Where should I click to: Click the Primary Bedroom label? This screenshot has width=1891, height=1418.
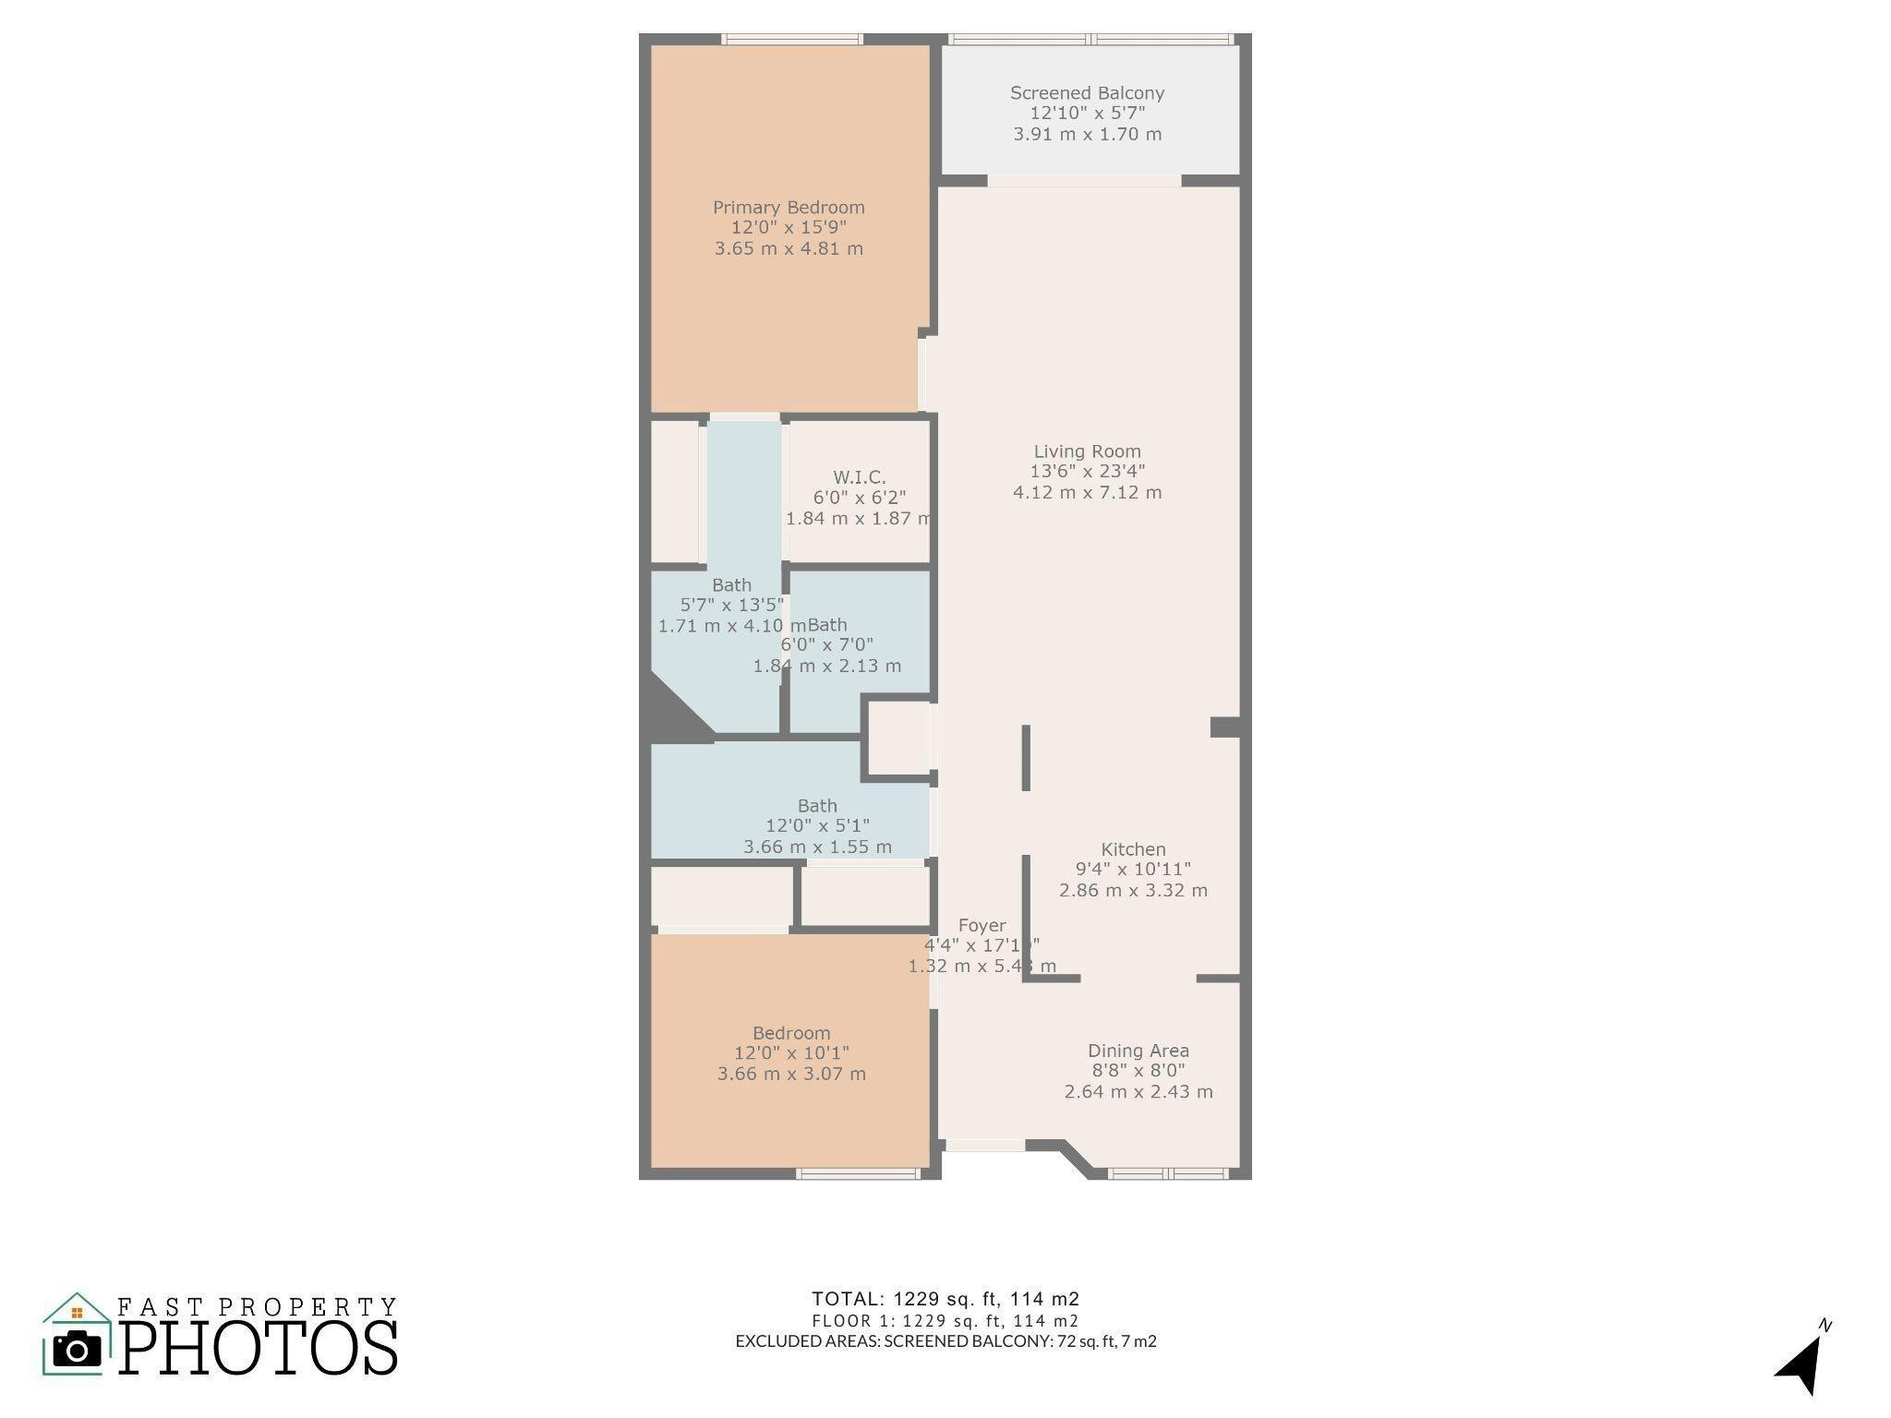click(x=789, y=208)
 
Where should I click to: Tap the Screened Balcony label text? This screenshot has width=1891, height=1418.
click(x=1087, y=93)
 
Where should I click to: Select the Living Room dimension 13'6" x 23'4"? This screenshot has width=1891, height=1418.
click(x=1088, y=472)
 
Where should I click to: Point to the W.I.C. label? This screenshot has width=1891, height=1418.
click(x=859, y=477)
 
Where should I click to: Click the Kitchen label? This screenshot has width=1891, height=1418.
click(x=1133, y=849)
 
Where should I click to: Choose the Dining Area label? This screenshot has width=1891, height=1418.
click(x=1138, y=1051)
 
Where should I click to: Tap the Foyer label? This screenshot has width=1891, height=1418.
click(x=982, y=925)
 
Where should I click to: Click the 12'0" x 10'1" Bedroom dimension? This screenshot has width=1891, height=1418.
click(x=791, y=1053)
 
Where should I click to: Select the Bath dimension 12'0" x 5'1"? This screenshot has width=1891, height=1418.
click(x=817, y=826)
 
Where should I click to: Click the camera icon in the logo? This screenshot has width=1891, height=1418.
click(x=77, y=1350)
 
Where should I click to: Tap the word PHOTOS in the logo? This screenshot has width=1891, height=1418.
click(x=259, y=1349)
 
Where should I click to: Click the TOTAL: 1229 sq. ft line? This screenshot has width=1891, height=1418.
click(x=945, y=1299)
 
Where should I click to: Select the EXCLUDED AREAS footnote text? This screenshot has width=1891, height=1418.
click(x=945, y=1341)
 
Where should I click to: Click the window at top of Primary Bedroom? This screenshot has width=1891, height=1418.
click(x=791, y=39)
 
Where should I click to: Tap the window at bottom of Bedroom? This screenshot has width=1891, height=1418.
click(x=858, y=1173)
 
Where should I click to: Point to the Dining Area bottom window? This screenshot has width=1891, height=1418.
click(x=1168, y=1173)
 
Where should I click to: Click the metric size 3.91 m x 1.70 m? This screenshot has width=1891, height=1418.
click(x=1087, y=135)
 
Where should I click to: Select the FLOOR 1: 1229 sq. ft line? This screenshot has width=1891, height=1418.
click(x=945, y=1321)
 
